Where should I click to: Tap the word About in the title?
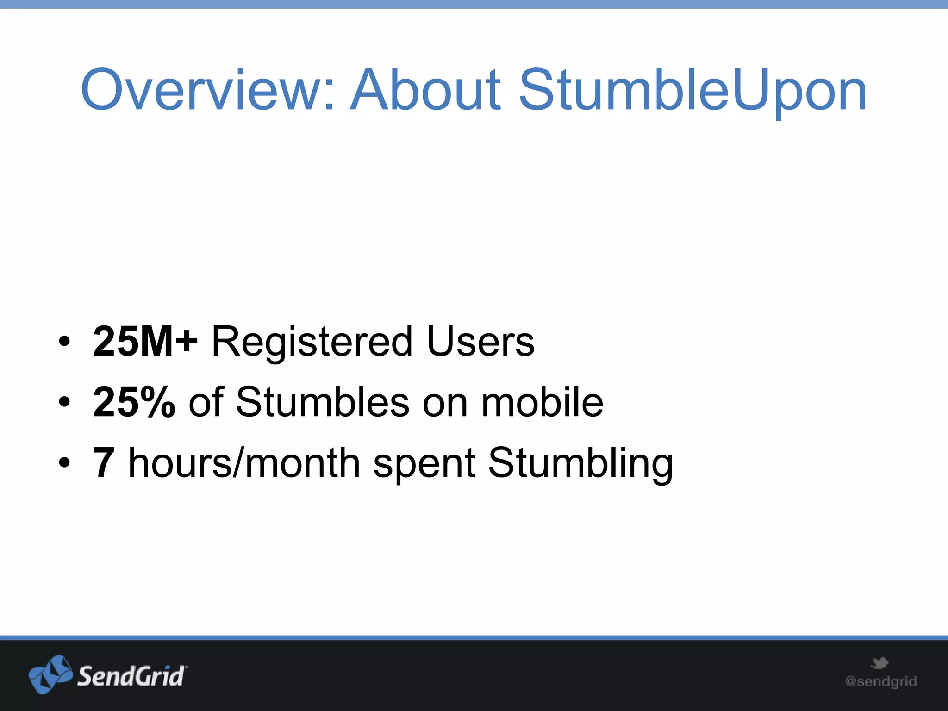[x=425, y=90]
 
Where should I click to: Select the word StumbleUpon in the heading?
[x=692, y=90]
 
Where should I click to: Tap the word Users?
[x=480, y=342]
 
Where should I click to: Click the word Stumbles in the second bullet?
[x=322, y=402]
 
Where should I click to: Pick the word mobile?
[x=542, y=402]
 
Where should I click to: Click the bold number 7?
[x=104, y=462]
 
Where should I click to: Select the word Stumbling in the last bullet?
[x=580, y=463]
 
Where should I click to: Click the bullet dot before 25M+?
[x=65, y=342]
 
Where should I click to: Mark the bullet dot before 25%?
[x=65, y=402]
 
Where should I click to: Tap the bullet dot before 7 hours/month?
[x=65, y=462]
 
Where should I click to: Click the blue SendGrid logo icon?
[x=50, y=674]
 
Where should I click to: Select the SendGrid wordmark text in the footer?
[x=131, y=676]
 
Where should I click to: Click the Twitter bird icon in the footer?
[x=879, y=663]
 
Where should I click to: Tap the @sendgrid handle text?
[x=880, y=681]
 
